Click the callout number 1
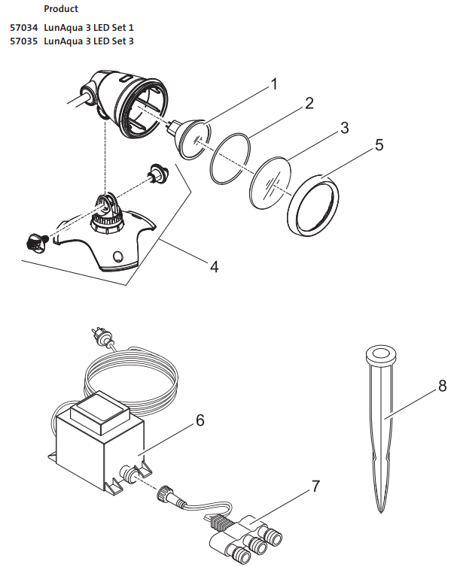click(x=273, y=83)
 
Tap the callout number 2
click(x=309, y=103)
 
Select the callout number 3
click(x=344, y=127)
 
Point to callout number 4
click(x=215, y=266)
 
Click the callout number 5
click(x=379, y=144)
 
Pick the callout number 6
click(x=200, y=420)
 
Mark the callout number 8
click(x=442, y=387)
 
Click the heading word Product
click(x=61, y=9)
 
